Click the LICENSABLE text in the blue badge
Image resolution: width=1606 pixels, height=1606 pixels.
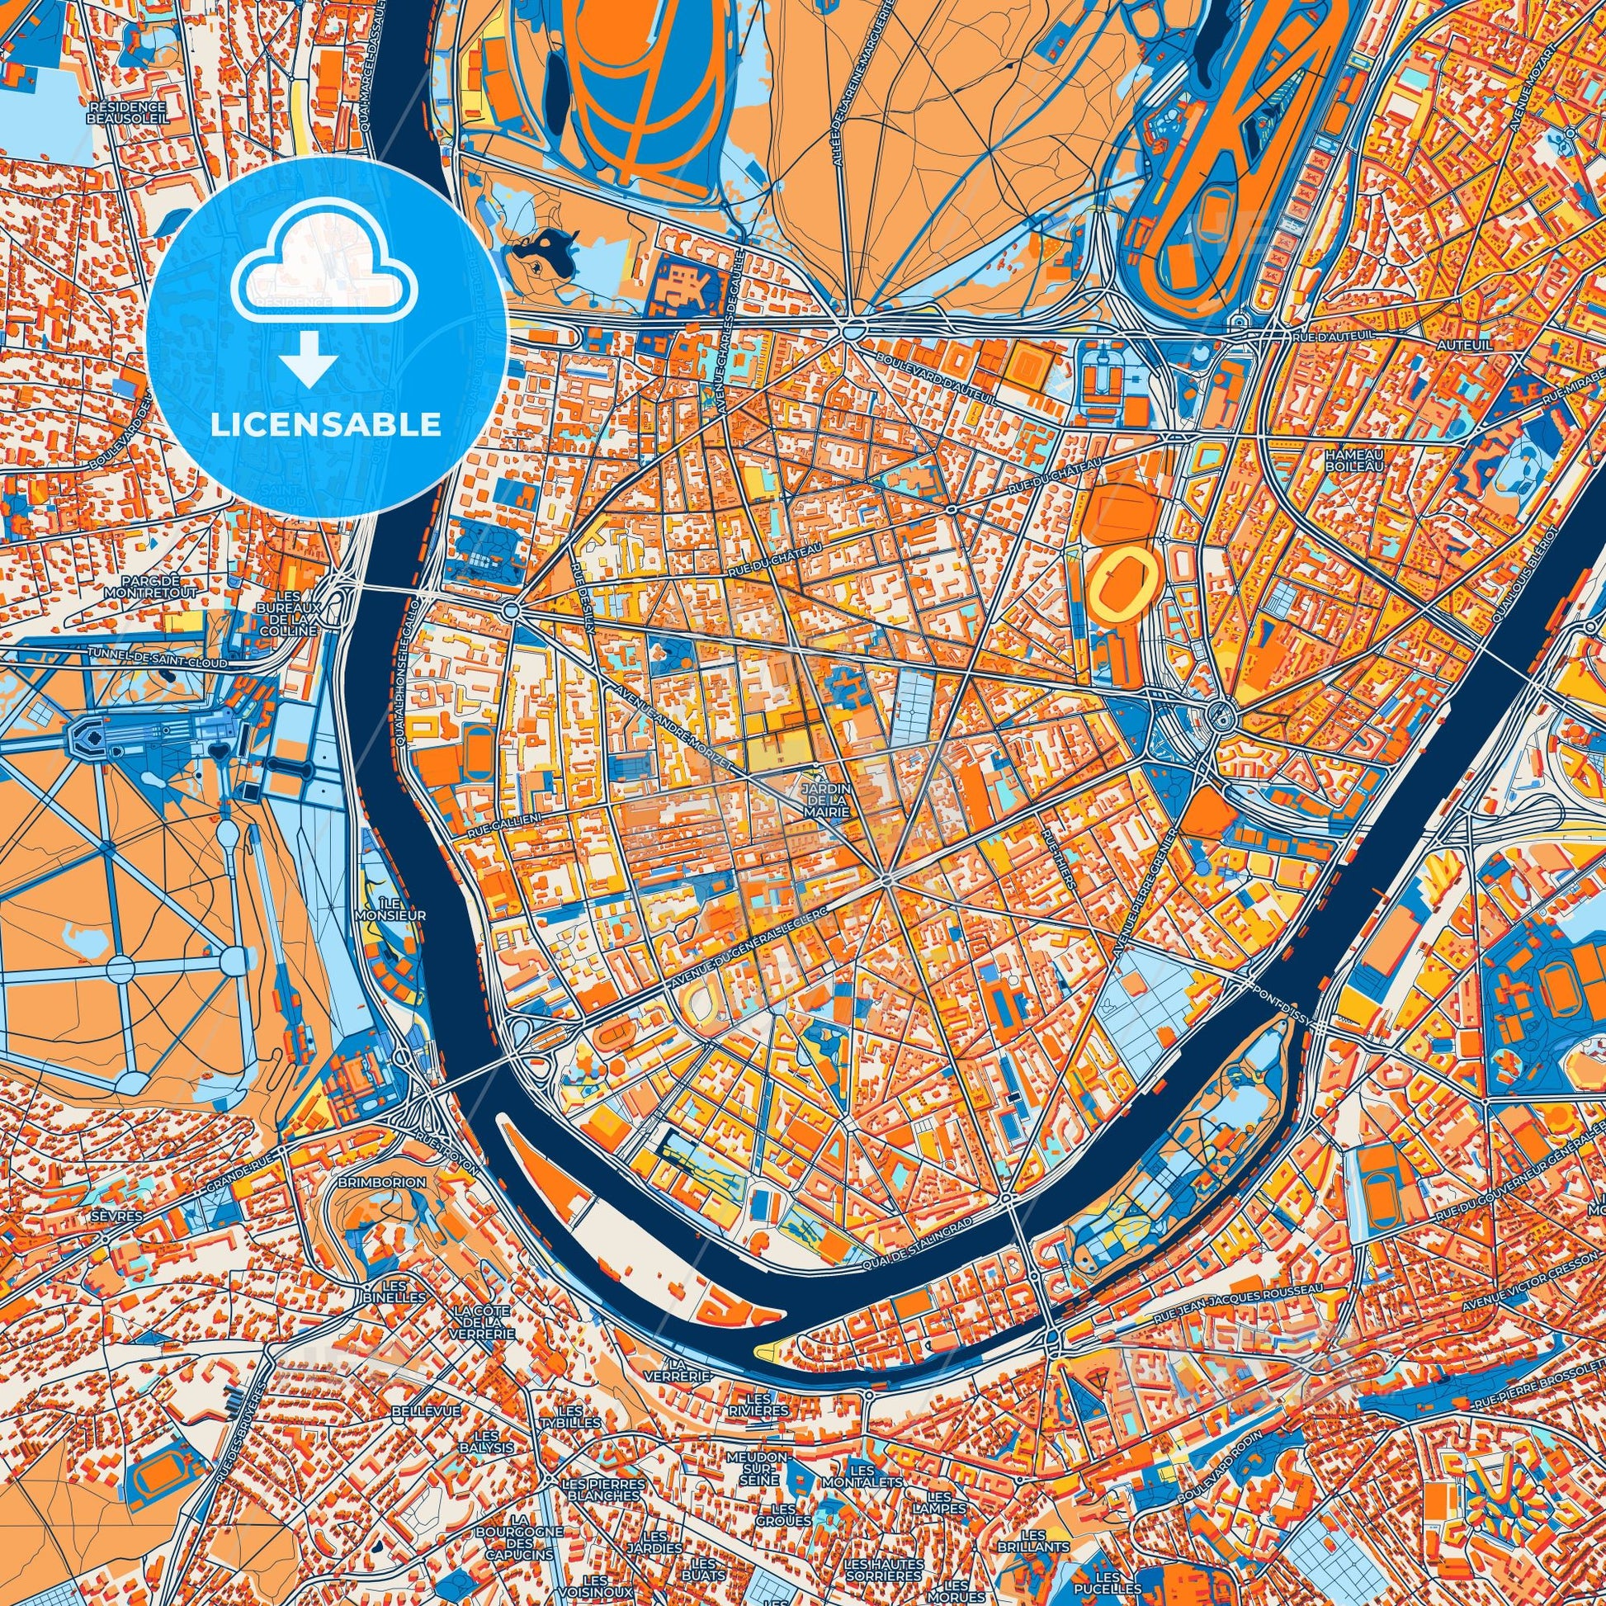coord(325,425)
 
